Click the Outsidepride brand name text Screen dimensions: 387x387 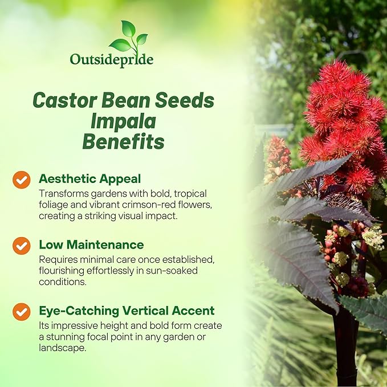click(x=111, y=59)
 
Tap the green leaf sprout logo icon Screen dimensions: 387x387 click(x=128, y=37)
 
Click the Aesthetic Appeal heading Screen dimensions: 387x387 click(x=89, y=179)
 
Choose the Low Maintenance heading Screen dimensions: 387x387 click(x=91, y=245)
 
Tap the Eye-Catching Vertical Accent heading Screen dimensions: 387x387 click(x=127, y=311)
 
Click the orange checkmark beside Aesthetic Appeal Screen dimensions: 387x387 click(x=21, y=180)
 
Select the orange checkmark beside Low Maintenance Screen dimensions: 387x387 click(x=21, y=246)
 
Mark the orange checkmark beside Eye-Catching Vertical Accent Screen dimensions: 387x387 click(x=21, y=311)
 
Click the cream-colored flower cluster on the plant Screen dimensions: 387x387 click(x=373, y=237)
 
